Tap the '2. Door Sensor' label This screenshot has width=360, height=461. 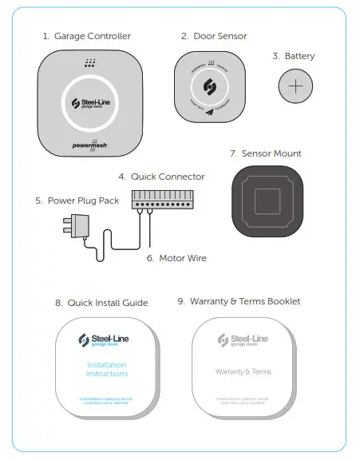coord(213,36)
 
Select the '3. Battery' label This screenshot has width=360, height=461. coord(293,56)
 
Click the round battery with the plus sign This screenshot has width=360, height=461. coord(295,86)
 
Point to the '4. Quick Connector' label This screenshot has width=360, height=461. coord(161,177)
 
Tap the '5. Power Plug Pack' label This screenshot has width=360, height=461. coord(77,201)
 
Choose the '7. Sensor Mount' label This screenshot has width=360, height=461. coord(265,153)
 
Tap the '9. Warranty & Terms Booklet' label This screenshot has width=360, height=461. coord(239,301)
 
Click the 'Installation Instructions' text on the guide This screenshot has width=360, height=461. coord(107,369)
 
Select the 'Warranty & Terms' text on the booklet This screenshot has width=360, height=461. coord(243,372)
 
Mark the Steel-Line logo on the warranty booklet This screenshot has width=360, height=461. coord(243,340)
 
